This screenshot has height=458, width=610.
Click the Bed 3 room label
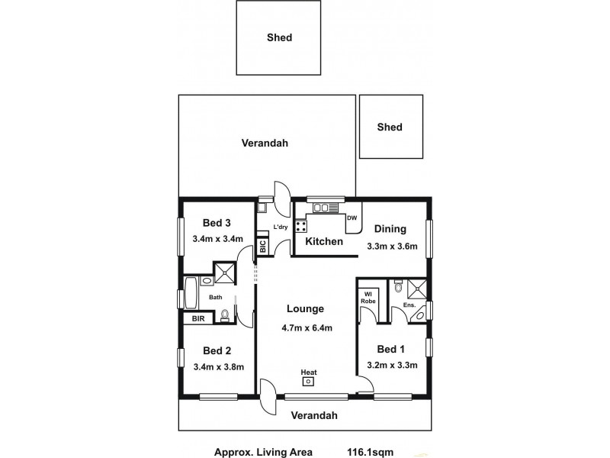[x=217, y=223]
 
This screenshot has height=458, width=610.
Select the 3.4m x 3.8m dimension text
[x=218, y=367]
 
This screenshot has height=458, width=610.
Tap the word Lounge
[x=306, y=309]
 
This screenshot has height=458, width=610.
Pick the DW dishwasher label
[x=352, y=218]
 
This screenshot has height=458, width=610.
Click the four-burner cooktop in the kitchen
[x=301, y=225]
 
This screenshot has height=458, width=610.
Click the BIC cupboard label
[x=262, y=247]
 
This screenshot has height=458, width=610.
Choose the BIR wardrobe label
[x=197, y=318]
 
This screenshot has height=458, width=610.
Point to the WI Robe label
[x=368, y=296]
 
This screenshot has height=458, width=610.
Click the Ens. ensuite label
[x=408, y=305]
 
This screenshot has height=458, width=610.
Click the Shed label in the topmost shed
[x=280, y=37]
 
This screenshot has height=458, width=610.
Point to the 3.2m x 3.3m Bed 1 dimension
[x=393, y=366]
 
